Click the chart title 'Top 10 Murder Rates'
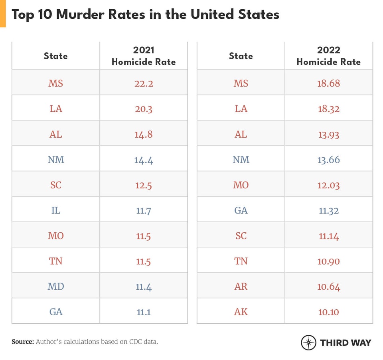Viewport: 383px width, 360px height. (x=145, y=14)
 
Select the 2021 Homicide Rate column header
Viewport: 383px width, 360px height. (x=144, y=56)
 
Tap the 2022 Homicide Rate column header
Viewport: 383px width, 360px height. (x=328, y=56)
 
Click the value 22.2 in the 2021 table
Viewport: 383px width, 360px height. (x=144, y=83)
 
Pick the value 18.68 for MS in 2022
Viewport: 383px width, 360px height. (x=329, y=83)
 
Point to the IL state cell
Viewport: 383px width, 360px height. (x=56, y=210)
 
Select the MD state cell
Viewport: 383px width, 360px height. (x=56, y=287)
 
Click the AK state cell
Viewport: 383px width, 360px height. (x=241, y=312)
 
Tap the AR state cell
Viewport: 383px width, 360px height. (x=241, y=287)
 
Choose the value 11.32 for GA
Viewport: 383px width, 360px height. (x=329, y=210)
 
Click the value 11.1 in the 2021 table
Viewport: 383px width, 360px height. (x=144, y=312)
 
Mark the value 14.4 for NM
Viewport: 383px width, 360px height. (x=144, y=160)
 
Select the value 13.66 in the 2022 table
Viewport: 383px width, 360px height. (x=329, y=160)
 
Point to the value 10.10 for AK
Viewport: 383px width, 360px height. (x=329, y=312)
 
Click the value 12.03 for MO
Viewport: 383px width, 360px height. (x=329, y=185)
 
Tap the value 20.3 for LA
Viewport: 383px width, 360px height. (x=144, y=109)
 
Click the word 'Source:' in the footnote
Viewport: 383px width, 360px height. (x=23, y=342)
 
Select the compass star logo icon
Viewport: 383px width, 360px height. (x=308, y=342)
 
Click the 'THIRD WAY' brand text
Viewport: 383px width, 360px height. (x=345, y=342)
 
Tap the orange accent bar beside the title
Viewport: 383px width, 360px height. (x=3, y=14)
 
